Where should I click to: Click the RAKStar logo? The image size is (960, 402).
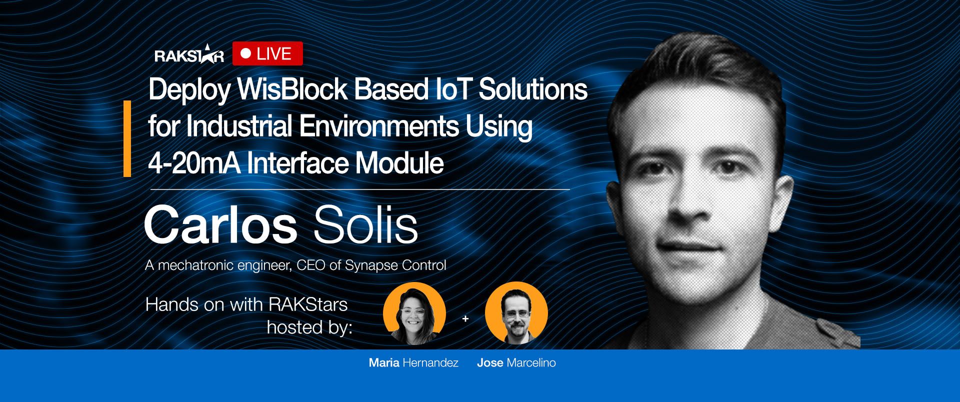189,55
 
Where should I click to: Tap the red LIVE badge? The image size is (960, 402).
267,54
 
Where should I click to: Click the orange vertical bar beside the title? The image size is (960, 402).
127,138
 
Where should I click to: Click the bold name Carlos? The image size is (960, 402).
220,225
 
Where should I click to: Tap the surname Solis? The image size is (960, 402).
365,225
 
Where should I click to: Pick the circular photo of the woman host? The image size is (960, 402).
414,314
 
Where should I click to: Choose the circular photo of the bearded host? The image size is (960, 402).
516,314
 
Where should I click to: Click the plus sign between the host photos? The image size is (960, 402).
465,318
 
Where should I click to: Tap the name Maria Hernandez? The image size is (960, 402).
413,363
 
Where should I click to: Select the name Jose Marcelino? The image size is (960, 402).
516,363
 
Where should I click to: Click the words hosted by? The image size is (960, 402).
309,327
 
